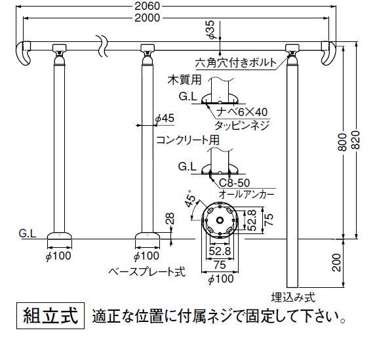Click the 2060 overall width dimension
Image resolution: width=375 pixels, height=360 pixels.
coord(147,6)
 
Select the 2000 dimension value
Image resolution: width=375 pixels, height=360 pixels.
coord(147,18)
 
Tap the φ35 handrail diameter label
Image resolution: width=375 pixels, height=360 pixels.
coord(210,30)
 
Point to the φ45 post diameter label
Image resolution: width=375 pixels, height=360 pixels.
coord(165,118)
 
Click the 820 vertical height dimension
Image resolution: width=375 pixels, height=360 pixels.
coord(357,140)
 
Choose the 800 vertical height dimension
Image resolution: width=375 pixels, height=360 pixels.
coord(343,142)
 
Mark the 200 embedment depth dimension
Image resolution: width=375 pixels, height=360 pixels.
coord(337,263)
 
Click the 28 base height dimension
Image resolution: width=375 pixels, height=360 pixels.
coord(170,218)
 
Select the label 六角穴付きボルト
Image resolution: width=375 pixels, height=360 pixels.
coord(235,63)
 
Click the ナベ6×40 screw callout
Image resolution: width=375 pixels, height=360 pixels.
coord(242,112)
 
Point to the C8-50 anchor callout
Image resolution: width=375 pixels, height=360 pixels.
coord(235,183)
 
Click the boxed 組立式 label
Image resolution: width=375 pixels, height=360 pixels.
coord(50,315)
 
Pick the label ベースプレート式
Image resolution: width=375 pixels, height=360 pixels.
coord(147,271)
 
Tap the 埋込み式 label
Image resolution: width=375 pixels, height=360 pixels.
coord(293,298)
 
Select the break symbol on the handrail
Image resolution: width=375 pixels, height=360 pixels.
coord(102,46)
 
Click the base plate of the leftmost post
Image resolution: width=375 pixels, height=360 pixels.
coord(60,235)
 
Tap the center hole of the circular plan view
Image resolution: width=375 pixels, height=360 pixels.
coord(220,220)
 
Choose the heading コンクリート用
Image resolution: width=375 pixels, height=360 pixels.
coord(187,140)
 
